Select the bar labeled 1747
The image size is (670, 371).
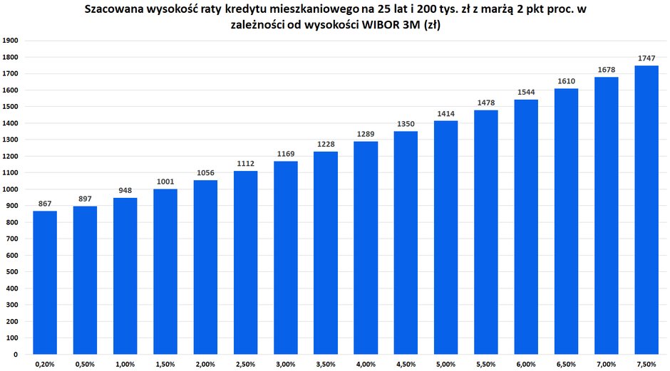(646, 209)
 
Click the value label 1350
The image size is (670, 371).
(406, 124)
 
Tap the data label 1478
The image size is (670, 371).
(486, 103)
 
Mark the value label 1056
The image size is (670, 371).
(205, 172)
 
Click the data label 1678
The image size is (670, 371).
(607, 69)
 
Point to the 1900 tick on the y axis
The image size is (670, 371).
(11, 41)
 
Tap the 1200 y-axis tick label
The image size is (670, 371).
(11, 156)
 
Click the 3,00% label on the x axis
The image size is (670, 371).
(285, 365)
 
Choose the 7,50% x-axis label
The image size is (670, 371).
(646, 365)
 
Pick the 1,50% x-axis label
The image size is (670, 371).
(165, 365)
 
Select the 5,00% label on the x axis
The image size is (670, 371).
(445, 365)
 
